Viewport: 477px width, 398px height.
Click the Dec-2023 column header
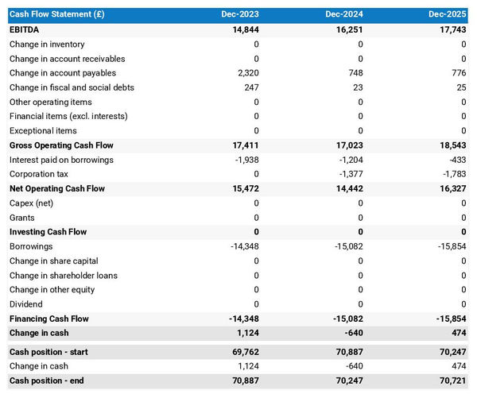coord(240,14)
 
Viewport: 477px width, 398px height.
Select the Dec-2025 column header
coord(448,14)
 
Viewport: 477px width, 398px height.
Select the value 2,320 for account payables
coord(246,73)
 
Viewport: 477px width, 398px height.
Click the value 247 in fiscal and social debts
coord(250,87)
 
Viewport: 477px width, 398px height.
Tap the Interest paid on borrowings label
coord(61,160)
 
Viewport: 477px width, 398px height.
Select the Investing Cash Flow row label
coord(48,232)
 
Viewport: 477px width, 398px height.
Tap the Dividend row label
coord(27,304)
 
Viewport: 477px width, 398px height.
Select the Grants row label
coord(22,218)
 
